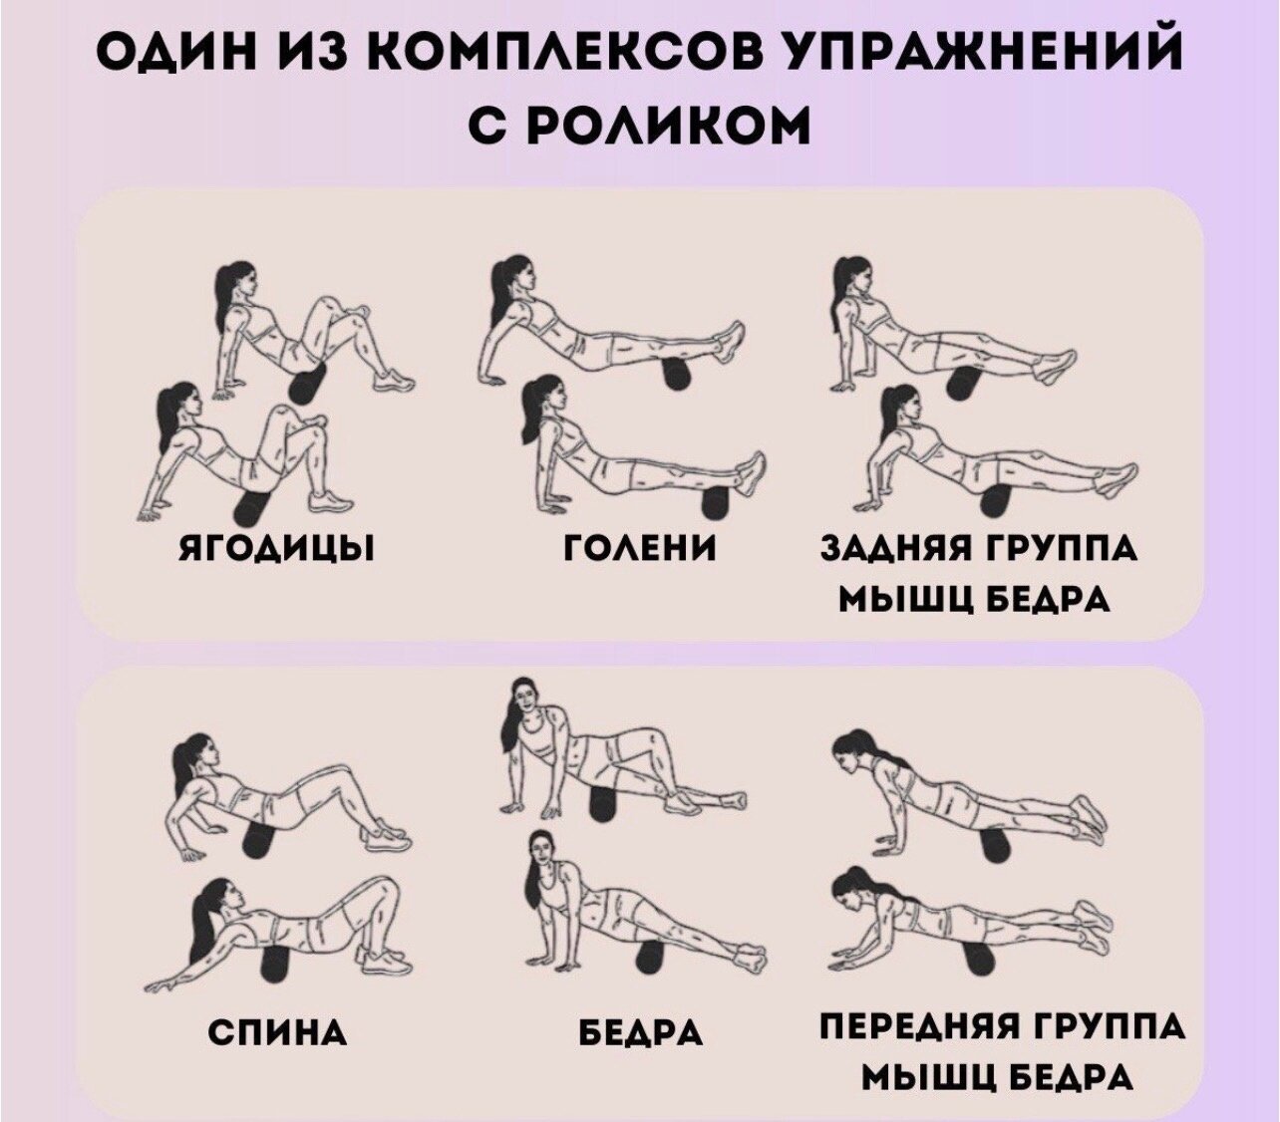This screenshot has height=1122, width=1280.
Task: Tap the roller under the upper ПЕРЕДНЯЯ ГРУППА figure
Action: pyautogui.click(x=997, y=847)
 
